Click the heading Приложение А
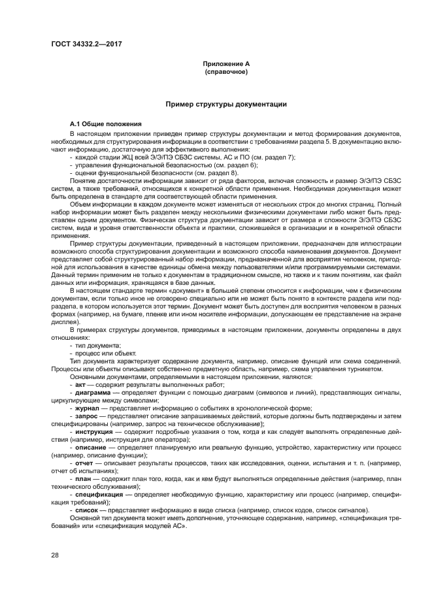(x=225, y=64)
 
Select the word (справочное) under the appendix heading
(x=225, y=71)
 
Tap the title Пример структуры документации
(x=225, y=104)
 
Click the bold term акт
(x=80, y=386)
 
